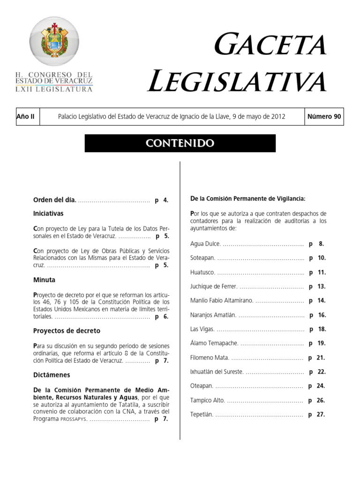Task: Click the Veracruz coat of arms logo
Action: pyautogui.click(x=54, y=43)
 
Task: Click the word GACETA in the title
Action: pyautogui.click(x=270, y=45)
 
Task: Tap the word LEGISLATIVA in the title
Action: pyautogui.click(x=237, y=81)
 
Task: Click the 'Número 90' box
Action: pyautogui.click(x=324, y=117)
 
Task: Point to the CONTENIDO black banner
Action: pyautogui.click(x=180, y=143)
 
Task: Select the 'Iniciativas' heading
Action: pyautogui.click(x=48, y=213)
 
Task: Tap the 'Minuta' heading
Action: pyautogui.click(x=44, y=280)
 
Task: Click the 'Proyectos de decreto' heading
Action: pyautogui.click(x=67, y=331)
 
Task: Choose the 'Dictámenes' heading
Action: pyautogui.click(x=52, y=375)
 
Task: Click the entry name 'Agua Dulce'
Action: pyautogui.click(x=205, y=244)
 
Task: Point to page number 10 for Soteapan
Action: pyautogui.click(x=322, y=258)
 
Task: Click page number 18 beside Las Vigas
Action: pyautogui.click(x=322, y=329)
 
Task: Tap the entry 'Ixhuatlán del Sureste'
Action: pyautogui.click(x=217, y=372)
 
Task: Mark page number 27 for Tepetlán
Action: pyautogui.click(x=321, y=414)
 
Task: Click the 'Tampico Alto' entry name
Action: pyautogui.click(x=208, y=400)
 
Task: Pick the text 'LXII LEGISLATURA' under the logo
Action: pyautogui.click(x=53, y=89)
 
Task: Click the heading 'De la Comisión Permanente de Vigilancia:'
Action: pyautogui.click(x=248, y=199)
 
